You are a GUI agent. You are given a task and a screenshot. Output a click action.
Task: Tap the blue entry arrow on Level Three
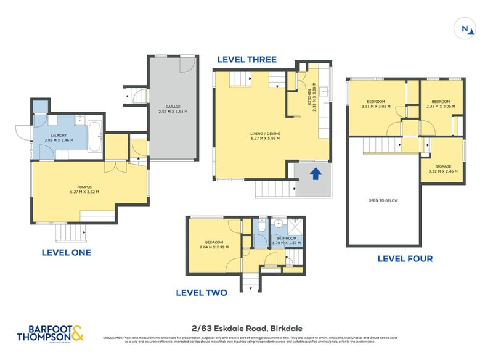pyautogui.click(x=315, y=174)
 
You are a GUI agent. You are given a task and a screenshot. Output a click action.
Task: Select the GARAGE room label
pyautogui.click(x=173, y=109)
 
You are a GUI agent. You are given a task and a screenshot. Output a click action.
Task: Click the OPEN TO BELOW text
pyautogui.click(x=382, y=200)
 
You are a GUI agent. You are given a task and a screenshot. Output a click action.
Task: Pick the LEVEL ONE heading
pyautogui.click(x=66, y=252)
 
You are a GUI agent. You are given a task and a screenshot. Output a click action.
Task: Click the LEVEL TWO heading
pyautogui.click(x=202, y=293)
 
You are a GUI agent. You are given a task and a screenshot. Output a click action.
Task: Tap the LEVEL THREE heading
pyautogui.click(x=246, y=60)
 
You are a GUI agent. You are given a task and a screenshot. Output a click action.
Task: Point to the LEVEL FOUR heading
pyautogui.click(x=405, y=258)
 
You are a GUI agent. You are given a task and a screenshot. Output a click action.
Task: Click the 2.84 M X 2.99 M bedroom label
pyautogui.click(x=214, y=245)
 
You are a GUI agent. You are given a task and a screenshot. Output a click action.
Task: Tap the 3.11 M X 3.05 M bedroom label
pyautogui.click(x=376, y=104)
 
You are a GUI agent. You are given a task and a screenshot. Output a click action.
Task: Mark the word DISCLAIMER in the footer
pyautogui.click(x=112, y=337)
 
